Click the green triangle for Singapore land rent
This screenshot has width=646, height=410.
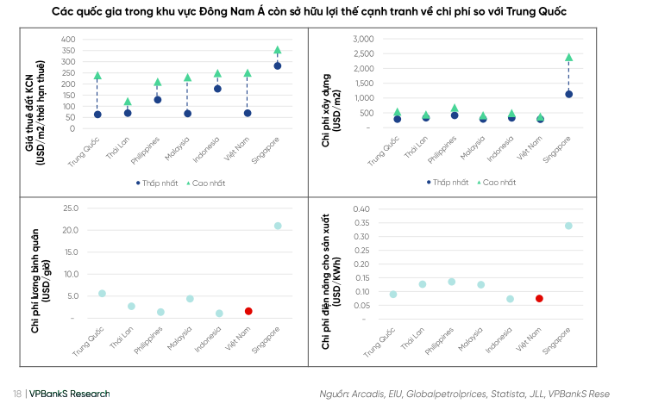tap(277, 51)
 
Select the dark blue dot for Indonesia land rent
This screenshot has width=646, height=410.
tap(217, 89)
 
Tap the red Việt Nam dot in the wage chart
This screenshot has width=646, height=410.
tap(248, 311)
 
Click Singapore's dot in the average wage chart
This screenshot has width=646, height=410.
tap(278, 226)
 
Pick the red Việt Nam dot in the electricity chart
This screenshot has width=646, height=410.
tap(539, 299)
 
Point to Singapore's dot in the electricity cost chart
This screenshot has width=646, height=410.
tap(568, 226)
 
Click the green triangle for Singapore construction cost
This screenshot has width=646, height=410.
tap(568, 58)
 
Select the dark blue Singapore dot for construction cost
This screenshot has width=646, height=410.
tap(568, 94)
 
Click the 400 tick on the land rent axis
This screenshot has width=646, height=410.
tap(68, 40)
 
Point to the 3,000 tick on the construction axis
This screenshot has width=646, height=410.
tap(360, 40)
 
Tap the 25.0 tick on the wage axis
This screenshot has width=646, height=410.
tap(70, 208)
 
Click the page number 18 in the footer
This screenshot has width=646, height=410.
tap(17, 394)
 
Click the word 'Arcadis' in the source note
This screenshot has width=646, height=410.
tap(368, 394)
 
